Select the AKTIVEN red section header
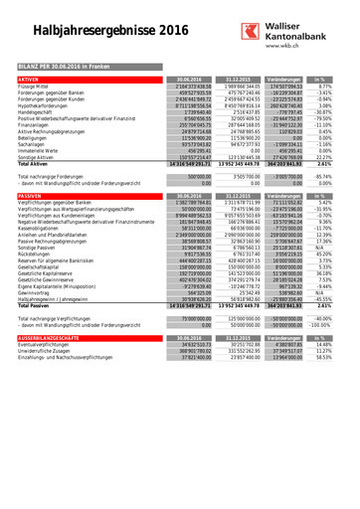(x=29, y=78)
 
